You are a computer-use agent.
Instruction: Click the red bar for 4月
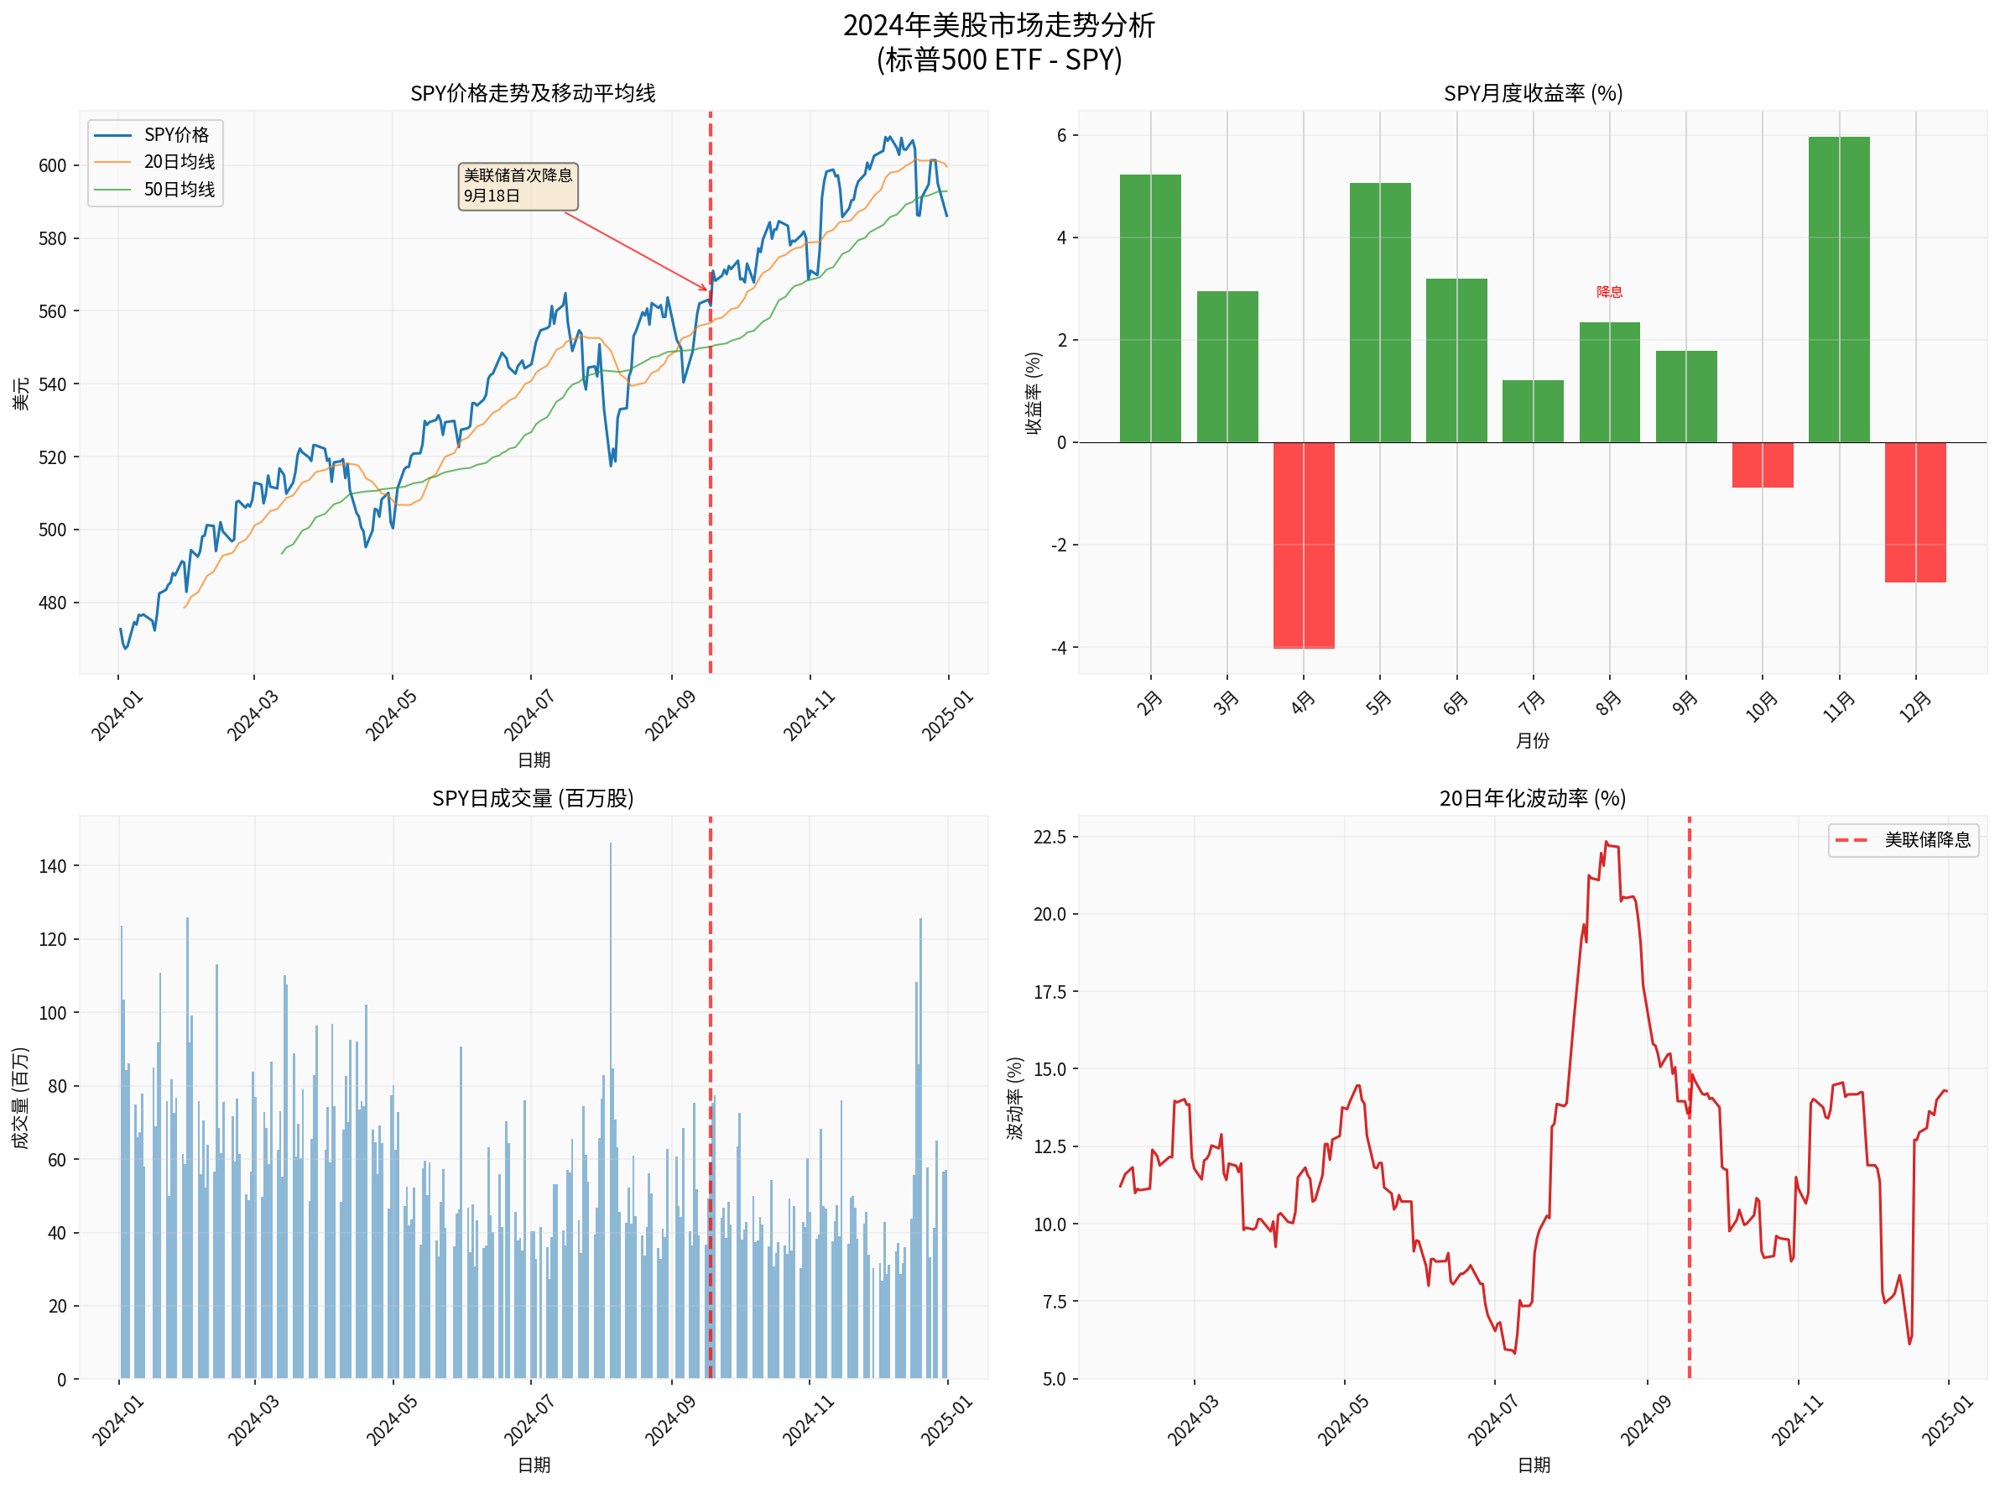click(1303, 545)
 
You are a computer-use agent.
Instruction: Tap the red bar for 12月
click(1914, 512)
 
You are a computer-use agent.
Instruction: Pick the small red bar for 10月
click(1763, 465)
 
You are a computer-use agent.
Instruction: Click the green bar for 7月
click(1533, 411)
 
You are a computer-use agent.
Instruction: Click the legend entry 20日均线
click(179, 162)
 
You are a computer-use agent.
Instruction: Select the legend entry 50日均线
click(179, 189)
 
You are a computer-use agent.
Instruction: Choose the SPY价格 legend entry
click(175, 135)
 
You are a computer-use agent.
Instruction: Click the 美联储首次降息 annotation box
click(518, 186)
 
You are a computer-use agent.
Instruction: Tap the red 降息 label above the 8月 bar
click(1609, 292)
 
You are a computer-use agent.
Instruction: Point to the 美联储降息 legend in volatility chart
click(1903, 840)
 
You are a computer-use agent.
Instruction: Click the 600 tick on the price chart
click(52, 165)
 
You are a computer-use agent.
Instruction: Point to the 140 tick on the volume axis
click(52, 866)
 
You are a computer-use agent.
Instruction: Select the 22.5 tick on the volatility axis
click(1049, 838)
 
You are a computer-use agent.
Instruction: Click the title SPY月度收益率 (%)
click(1533, 94)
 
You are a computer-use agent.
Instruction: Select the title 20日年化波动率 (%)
click(1533, 799)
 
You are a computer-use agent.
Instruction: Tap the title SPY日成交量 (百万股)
click(533, 799)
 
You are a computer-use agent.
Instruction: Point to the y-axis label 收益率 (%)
click(1033, 394)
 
